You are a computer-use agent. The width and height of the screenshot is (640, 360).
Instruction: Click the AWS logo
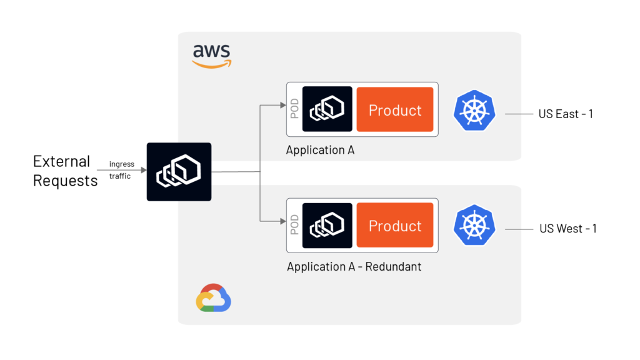tap(211, 55)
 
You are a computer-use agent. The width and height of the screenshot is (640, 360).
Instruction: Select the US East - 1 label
tap(566, 114)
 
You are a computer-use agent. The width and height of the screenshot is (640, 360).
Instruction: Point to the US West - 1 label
tap(567, 229)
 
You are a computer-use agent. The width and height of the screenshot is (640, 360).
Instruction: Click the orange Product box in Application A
tap(395, 109)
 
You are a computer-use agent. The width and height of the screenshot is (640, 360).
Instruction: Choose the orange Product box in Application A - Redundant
tap(395, 225)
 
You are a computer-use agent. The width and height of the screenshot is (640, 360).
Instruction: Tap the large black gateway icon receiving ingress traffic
tap(179, 172)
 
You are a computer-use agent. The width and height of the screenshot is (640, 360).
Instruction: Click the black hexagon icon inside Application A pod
tap(327, 109)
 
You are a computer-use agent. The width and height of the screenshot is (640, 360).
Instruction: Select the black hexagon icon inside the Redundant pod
tap(327, 225)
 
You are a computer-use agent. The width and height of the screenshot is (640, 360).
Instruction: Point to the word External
tap(61, 161)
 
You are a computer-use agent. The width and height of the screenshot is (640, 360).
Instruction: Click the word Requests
tap(65, 181)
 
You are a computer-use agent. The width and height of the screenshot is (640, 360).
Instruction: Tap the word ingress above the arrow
tap(121, 164)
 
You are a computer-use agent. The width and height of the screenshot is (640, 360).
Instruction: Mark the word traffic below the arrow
tap(120, 176)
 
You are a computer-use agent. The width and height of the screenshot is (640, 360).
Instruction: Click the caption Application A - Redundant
tap(354, 267)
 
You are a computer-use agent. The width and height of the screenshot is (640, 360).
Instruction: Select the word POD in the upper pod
tap(294, 109)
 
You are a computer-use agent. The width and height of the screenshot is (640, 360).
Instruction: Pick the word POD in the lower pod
tap(294, 226)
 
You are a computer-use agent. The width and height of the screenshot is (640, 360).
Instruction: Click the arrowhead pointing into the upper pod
tap(282, 105)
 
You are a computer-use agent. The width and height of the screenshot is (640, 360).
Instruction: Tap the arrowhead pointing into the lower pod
tap(282, 221)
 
